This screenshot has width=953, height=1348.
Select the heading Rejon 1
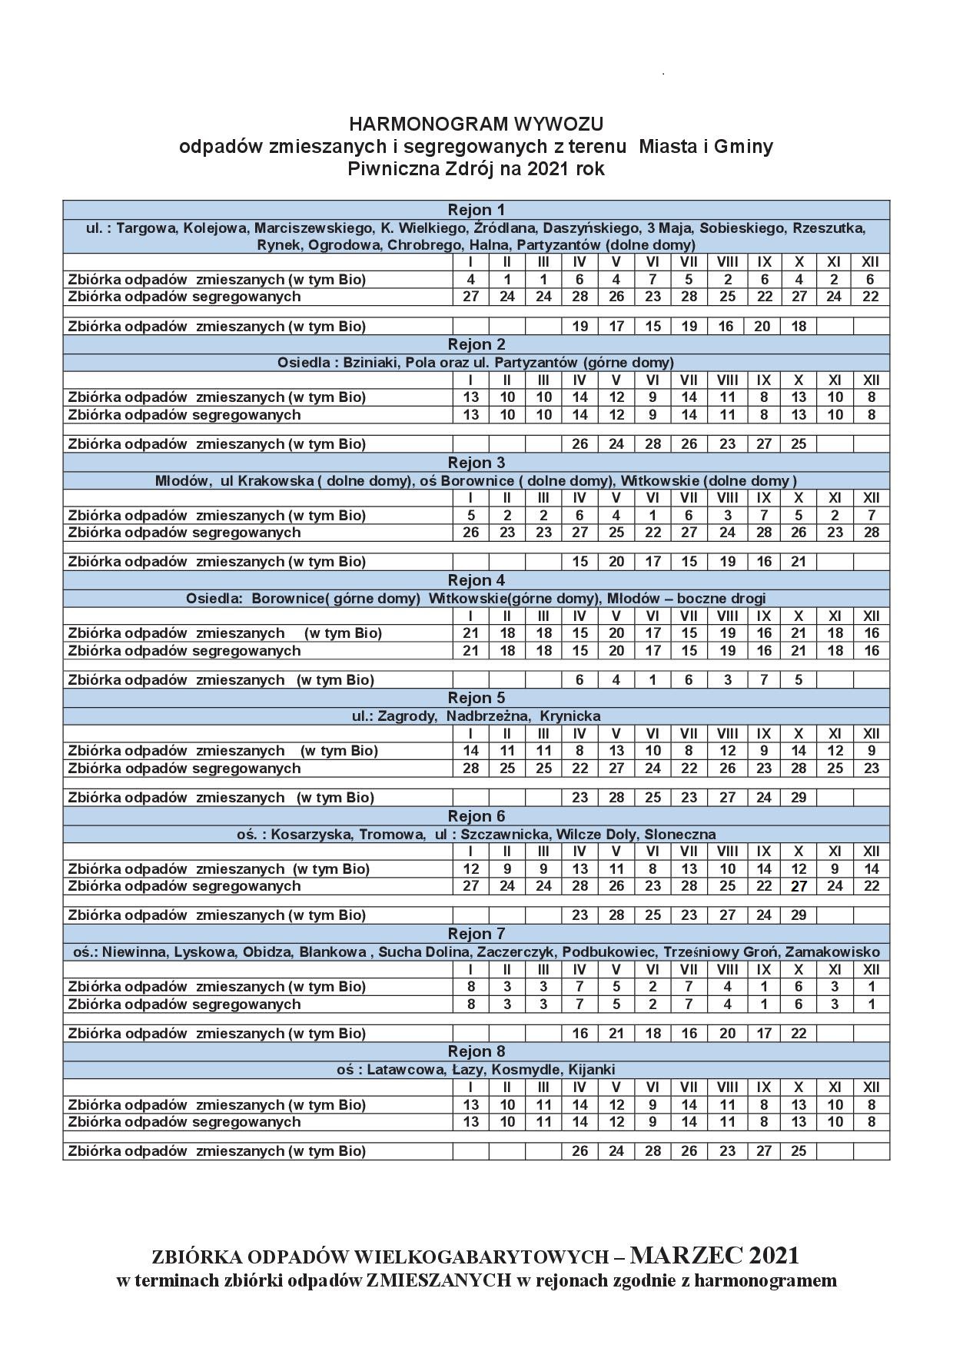[x=476, y=210]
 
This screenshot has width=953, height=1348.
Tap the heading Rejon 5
[x=476, y=698]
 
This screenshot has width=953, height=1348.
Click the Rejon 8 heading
[x=476, y=1051]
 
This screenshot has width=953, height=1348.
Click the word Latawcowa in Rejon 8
[x=407, y=1069]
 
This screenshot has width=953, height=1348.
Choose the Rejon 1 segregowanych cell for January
[x=470, y=297]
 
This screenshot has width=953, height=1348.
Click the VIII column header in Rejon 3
[x=727, y=498]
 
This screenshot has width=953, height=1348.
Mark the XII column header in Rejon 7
[x=871, y=969]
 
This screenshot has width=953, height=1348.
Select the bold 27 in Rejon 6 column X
[x=799, y=886]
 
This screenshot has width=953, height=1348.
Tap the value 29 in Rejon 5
[x=799, y=798]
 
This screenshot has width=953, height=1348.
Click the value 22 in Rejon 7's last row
[x=799, y=1034]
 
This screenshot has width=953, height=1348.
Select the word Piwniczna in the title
[x=383, y=168]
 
